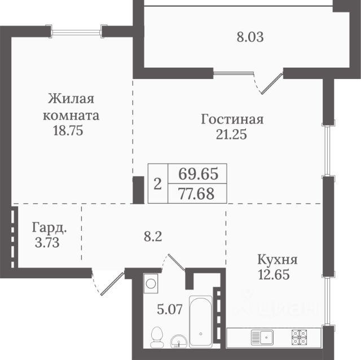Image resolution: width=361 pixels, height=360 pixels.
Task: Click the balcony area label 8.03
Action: (250, 37)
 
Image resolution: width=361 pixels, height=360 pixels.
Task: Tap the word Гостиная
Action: (232, 120)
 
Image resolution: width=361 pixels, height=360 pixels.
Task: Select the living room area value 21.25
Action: (231, 134)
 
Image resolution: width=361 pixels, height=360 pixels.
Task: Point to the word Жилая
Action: (71, 99)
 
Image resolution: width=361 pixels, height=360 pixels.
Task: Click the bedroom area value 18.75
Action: (68, 130)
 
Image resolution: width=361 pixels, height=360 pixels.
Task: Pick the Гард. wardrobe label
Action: (50, 227)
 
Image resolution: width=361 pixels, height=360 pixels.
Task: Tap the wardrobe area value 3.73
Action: (47, 242)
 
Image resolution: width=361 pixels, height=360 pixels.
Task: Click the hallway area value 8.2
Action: (153, 236)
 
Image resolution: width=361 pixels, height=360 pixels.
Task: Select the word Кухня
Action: (277, 260)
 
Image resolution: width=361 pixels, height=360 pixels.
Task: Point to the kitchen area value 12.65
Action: (274, 274)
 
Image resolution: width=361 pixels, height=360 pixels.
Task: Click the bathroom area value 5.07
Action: (170, 309)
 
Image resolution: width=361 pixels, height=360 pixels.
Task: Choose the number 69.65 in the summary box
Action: (198, 174)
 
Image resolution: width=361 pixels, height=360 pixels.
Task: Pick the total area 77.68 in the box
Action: (196, 194)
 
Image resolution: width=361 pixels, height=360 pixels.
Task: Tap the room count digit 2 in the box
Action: (157, 185)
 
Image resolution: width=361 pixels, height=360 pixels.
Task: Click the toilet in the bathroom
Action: (157, 337)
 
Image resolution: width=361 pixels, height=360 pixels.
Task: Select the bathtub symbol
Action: (201, 322)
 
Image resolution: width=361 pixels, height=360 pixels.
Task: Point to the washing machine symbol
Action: (151, 283)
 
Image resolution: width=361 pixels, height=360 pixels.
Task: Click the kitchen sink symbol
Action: (262, 337)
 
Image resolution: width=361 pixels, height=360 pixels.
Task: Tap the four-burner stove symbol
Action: (300, 337)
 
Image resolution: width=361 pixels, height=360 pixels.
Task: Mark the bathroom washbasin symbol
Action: (179, 341)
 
